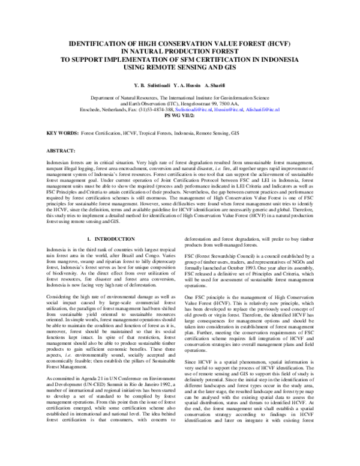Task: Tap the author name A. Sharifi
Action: click(x=219, y=86)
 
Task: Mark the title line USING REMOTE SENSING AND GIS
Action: click(x=180, y=68)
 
